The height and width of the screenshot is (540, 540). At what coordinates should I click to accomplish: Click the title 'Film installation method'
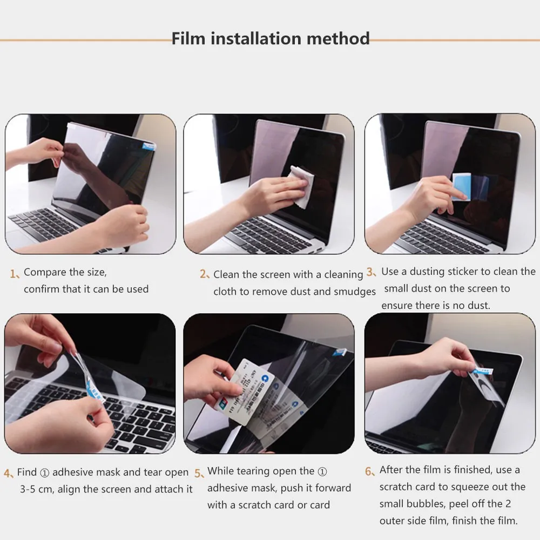pos(271,39)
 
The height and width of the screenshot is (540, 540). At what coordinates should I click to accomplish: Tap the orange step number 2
pos(204,274)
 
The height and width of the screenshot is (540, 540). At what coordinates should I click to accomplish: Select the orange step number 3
pos(371,272)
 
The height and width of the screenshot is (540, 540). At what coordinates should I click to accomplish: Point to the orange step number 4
pos(8,474)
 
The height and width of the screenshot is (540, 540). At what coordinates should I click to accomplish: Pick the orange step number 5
pos(199,473)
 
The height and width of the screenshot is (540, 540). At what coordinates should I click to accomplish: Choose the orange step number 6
pos(369,471)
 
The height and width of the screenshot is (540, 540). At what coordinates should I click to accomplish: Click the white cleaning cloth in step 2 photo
pos(299,180)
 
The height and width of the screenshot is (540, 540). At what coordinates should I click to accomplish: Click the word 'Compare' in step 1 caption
pos(45,272)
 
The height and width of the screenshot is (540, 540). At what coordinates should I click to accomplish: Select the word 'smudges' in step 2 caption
pos(354,292)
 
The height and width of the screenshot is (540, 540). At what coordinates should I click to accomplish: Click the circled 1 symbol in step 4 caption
pos(44,473)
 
